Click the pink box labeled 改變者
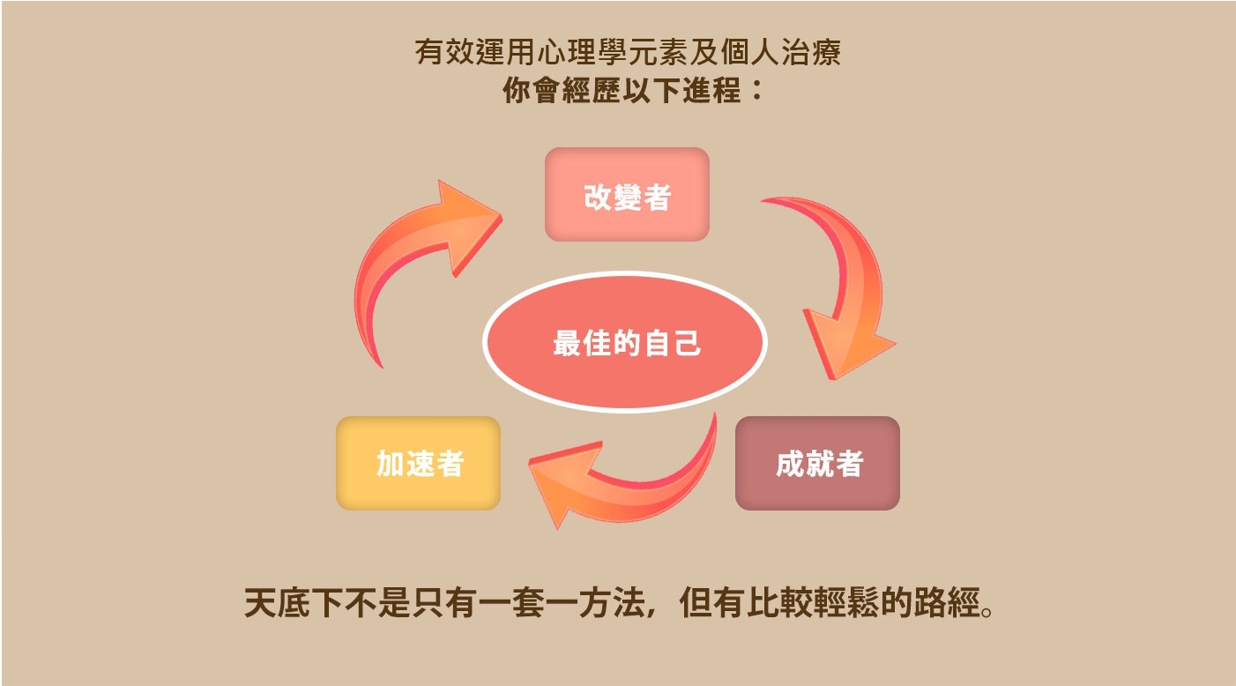627,194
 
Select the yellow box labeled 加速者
418,463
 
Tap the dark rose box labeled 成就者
817,463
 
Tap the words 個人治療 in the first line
781,52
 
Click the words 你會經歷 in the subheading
561,90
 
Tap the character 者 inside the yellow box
450,463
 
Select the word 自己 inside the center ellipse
673,342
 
